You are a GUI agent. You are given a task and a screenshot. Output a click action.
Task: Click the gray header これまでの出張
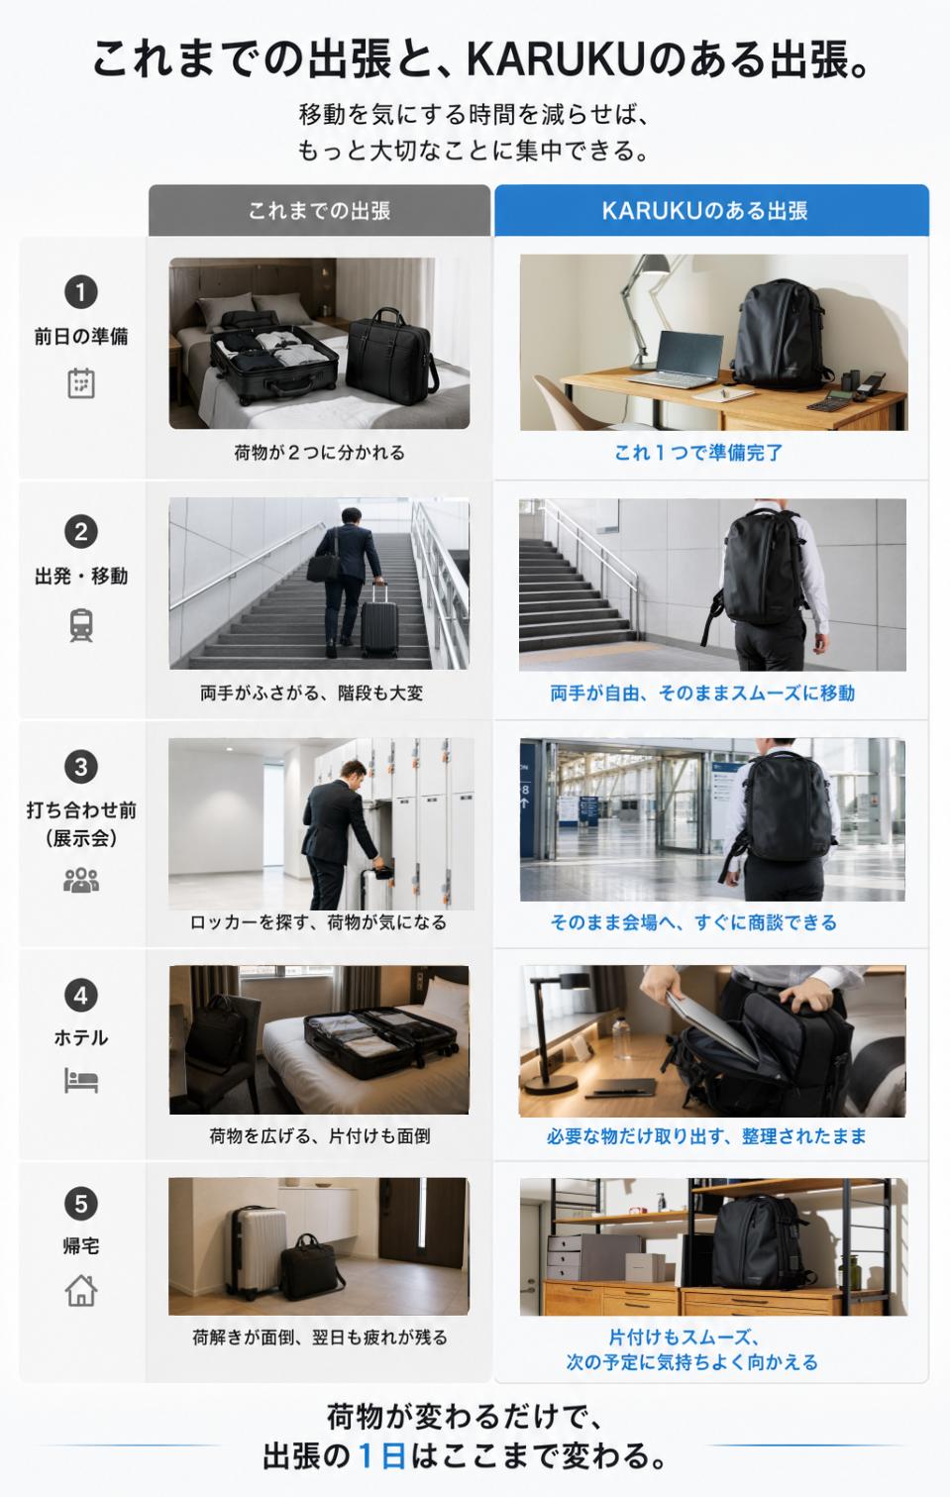[x=319, y=210]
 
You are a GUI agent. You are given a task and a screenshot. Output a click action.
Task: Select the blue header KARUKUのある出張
[x=711, y=210]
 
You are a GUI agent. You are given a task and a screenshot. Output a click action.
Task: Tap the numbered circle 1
[x=81, y=292]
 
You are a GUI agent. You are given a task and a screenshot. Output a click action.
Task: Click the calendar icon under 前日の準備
[x=81, y=383]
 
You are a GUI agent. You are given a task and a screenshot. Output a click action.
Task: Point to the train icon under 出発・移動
[x=81, y=625]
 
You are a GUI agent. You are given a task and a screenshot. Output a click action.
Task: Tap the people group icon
[x=81, y=880]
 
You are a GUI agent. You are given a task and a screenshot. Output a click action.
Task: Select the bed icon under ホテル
[x=81, y=1081]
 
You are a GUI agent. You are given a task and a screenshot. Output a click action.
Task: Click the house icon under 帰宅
[x=81, y=1291]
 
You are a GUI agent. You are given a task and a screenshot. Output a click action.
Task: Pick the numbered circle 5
[x=81, y=1205]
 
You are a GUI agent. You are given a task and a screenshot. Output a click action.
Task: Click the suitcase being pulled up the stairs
[x=378, y=618]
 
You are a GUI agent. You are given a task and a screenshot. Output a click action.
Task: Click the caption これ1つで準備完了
[x=698, y=453]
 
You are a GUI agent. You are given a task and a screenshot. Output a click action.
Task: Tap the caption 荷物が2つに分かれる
[x=319, y=453]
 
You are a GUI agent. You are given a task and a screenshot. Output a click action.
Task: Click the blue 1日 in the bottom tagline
[x=382, y=1455]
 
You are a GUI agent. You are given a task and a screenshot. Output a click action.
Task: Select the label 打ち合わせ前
[x=81, y=810]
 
